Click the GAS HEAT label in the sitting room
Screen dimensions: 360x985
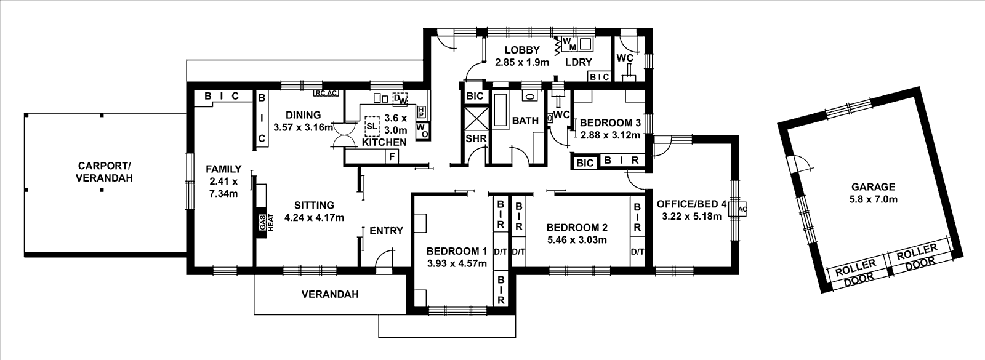(x=262, y=222)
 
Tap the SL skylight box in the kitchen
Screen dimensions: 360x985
(x=371, y=126)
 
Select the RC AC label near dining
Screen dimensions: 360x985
(x=326, y=94)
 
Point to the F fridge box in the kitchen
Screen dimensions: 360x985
(x=390, y=156)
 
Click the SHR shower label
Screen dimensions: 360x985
(x=476, y=139)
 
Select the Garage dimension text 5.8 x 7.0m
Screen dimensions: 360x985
(x=874, y=199)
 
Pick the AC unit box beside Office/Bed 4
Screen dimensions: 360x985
(x=741, y=209)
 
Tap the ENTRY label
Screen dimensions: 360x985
(x=386, y=231)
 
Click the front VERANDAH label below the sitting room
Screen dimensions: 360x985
(x=330, y=294)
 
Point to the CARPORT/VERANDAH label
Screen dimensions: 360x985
(x=104, y=172)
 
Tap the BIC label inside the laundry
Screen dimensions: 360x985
(x=599, y=77)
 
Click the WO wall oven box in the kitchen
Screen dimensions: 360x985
(x=422, y=129)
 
